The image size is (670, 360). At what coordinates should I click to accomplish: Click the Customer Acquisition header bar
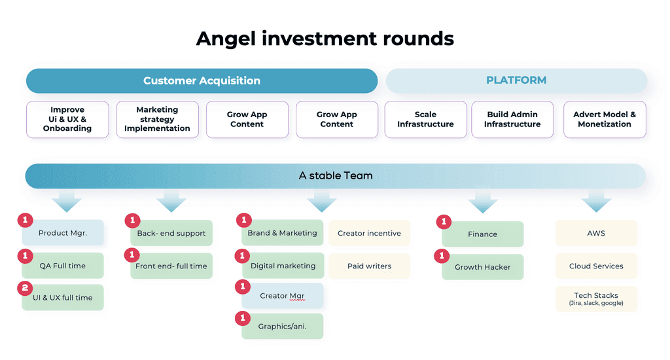[x=202, y=81]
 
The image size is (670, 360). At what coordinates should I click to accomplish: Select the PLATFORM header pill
[x=516, y=81]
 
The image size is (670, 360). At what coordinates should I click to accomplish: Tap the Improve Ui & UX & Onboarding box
[x=67, y=119]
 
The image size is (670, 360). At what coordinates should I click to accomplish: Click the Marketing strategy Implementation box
[x=157, y=119]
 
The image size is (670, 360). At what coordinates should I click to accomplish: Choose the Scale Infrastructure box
[x=425, y=119]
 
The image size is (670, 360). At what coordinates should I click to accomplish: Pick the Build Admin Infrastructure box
[x=512, y=119]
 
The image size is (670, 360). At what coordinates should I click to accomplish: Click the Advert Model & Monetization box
[x=605, y=119]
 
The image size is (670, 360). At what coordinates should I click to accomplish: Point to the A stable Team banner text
[x=336, y=175]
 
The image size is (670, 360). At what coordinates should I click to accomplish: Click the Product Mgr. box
[x=63, y=232]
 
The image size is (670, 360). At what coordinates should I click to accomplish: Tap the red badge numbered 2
[x=25, y=288]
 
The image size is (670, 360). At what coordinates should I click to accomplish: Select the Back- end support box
[x=171, y=233]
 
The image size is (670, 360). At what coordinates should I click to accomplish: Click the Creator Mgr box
[x=283, y=295]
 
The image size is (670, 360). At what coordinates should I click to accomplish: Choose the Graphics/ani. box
[x=283, y=326]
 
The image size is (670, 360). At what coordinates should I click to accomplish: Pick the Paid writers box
[x=369, y=266]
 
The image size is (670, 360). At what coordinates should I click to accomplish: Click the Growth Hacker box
[x=482, y=267]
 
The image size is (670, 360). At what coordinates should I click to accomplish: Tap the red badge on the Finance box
[x=444, y=221]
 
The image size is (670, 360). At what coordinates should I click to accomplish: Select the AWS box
[x=596, y=233]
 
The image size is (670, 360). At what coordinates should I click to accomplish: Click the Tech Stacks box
[x=596, y=299]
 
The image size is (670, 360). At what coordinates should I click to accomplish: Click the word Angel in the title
[x=226, y=39]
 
